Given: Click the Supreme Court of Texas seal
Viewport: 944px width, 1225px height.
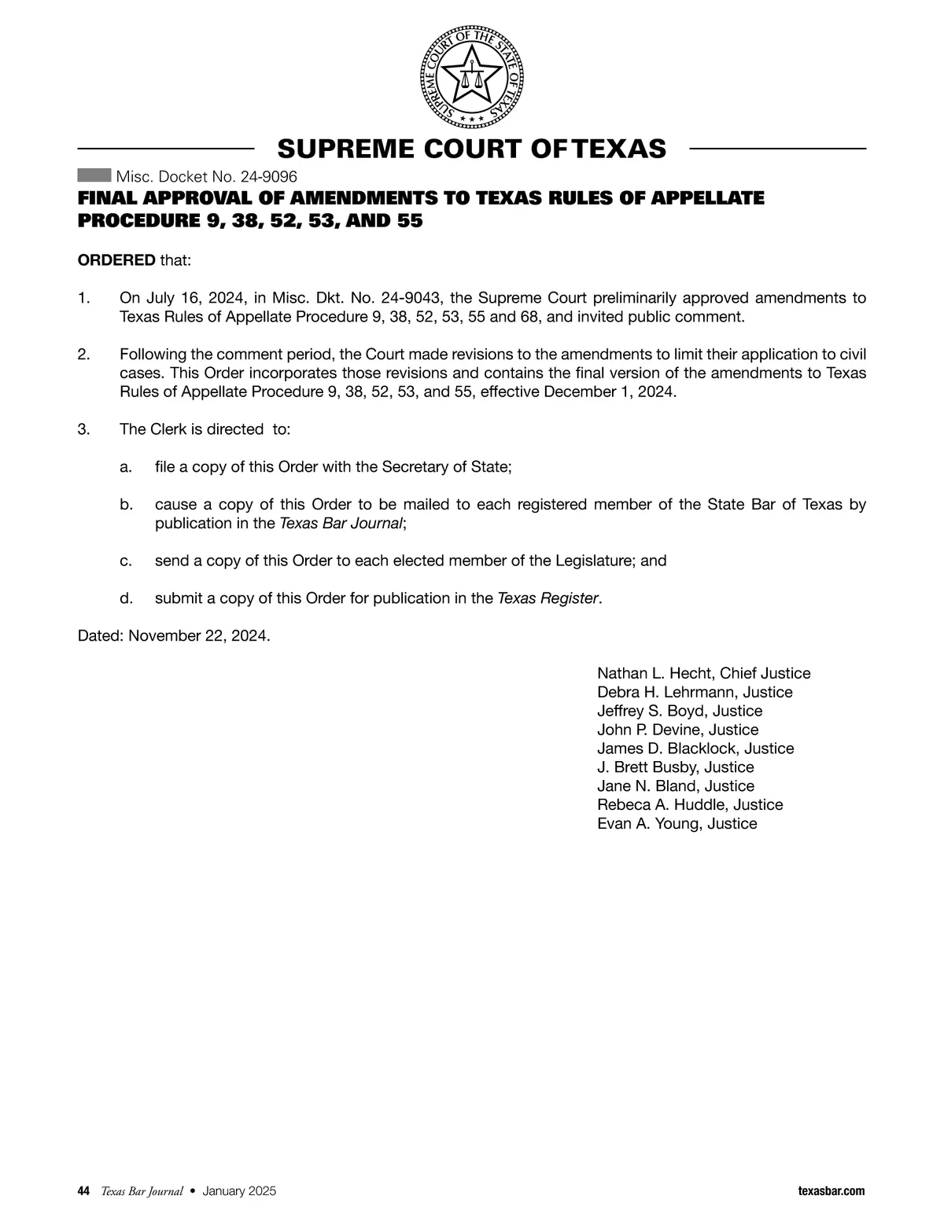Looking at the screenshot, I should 471,78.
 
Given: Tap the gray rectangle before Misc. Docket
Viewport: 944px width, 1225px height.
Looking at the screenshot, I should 94,175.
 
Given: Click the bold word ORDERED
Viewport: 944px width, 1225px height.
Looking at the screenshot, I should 116,260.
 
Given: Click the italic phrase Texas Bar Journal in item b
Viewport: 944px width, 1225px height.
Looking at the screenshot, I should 341,524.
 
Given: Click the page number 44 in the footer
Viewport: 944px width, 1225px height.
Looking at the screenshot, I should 83,1191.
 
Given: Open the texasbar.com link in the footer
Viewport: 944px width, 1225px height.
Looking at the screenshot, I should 831,1191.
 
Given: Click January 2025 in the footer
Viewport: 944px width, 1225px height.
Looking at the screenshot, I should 238,1191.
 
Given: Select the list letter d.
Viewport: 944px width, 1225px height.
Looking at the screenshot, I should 125,598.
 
